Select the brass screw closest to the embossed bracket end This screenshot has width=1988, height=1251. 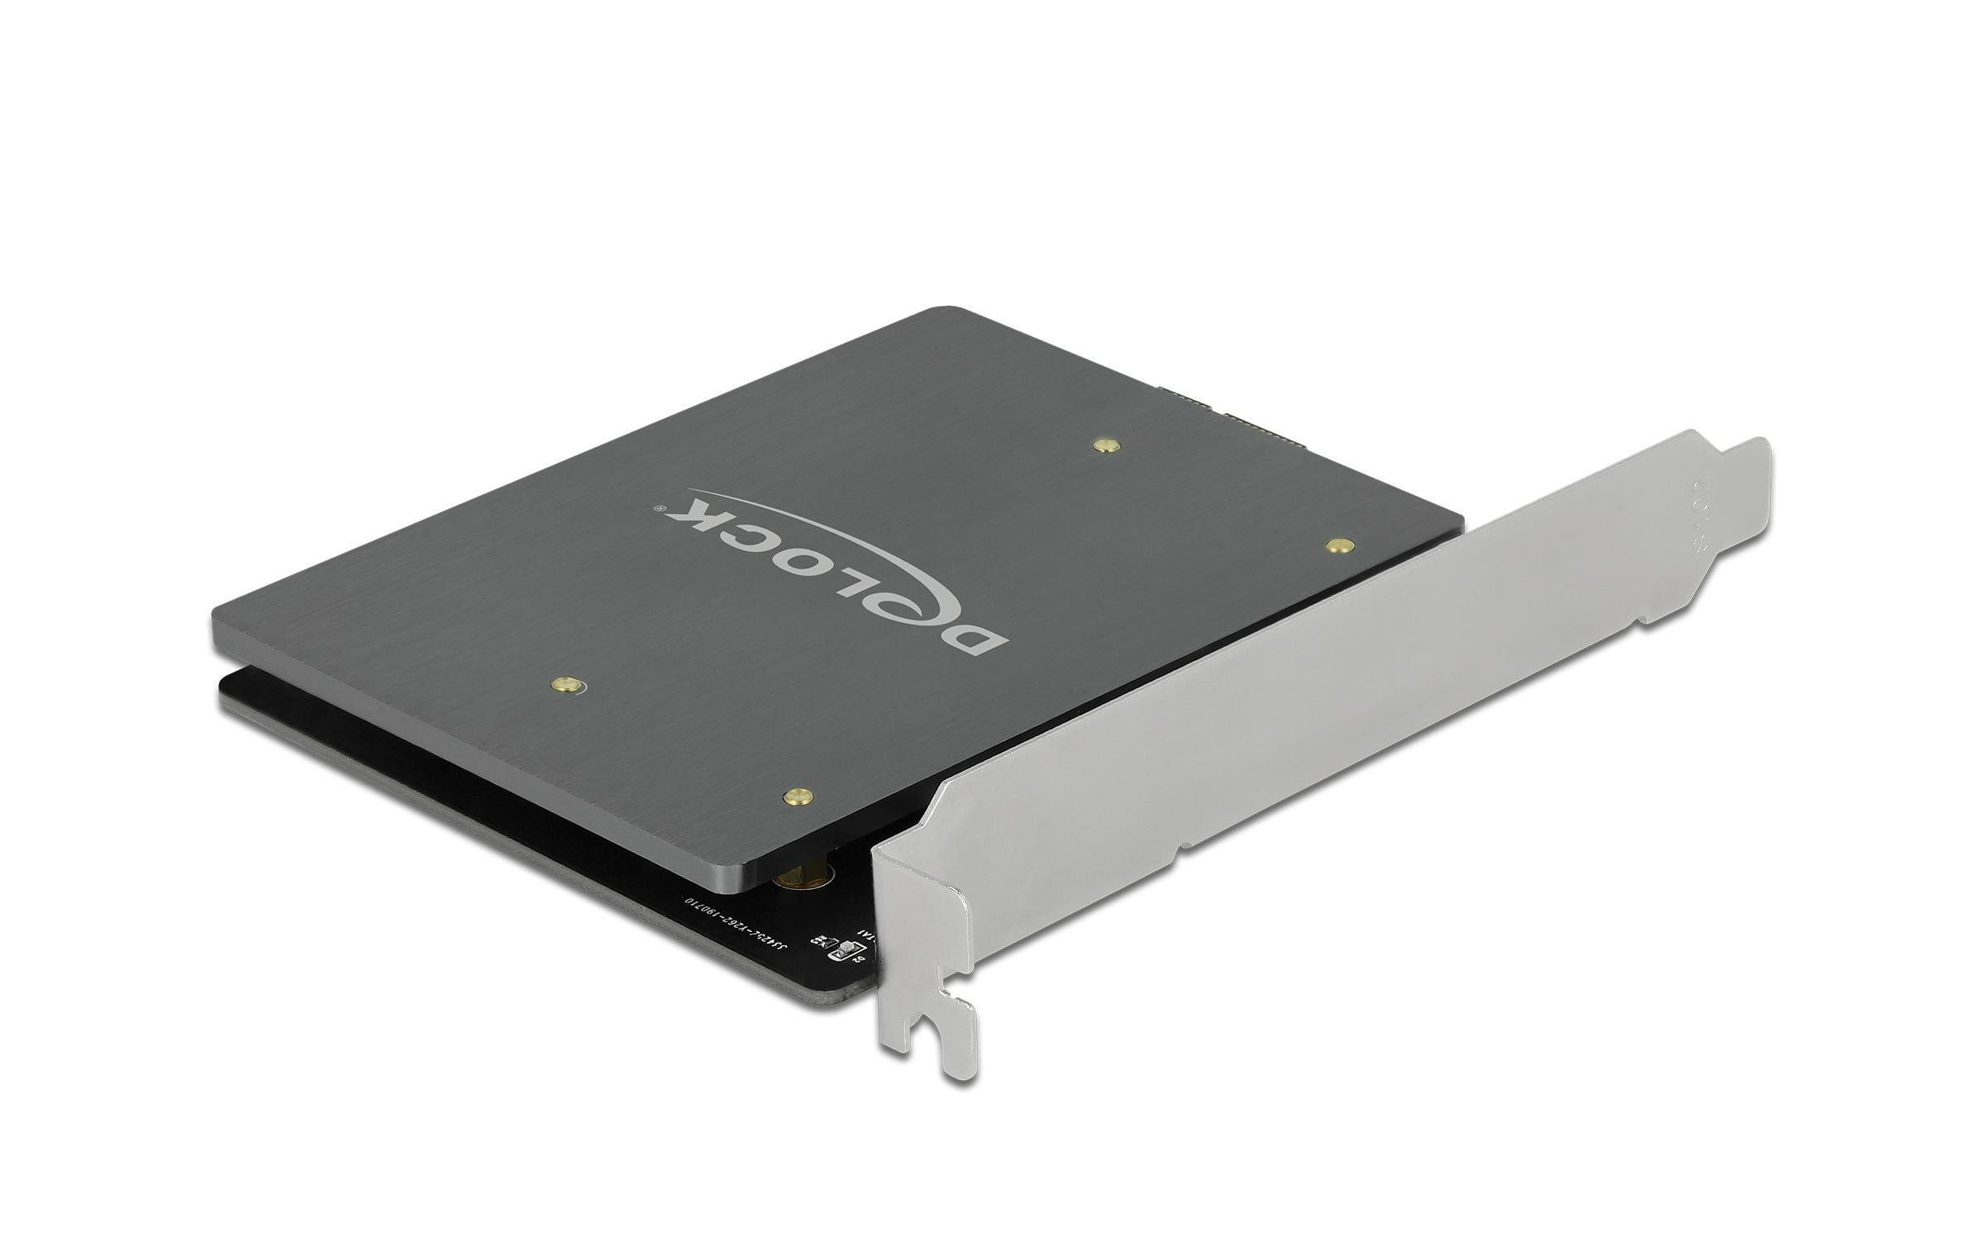tap(1338, 545)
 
